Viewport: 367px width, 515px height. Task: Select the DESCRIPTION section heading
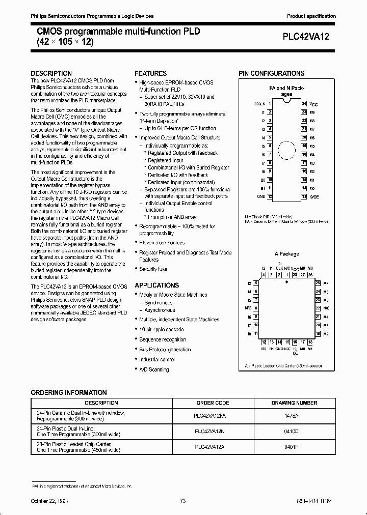[51, 73]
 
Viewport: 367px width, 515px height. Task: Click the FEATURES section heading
[150, 73]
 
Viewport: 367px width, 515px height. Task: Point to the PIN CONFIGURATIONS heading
[271, 73]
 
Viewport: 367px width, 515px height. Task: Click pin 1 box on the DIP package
[270, 103]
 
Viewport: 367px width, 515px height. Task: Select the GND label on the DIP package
[260, 196]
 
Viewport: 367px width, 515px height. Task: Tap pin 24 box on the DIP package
[304, 103]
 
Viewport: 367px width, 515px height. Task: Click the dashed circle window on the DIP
[287, 151]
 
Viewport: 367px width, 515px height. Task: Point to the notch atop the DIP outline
[287, 101]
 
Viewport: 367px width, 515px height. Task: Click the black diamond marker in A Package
[286, 281]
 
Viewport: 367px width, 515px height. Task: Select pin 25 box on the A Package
[318, 282]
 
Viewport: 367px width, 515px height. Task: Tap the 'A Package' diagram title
[286, 254]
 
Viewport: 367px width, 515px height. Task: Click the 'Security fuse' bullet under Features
[153, 269]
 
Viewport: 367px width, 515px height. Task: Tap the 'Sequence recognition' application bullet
[163, 339]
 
